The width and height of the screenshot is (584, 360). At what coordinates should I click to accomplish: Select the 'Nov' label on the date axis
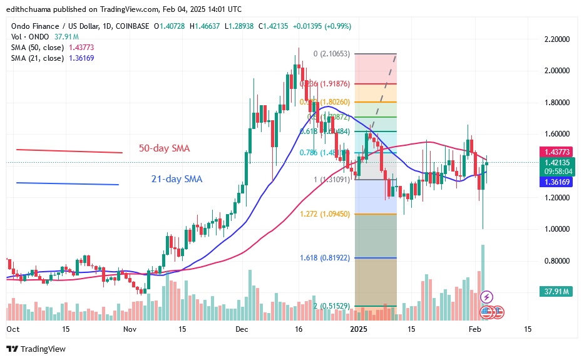[x=130, y=329]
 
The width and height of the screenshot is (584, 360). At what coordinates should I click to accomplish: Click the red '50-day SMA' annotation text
[x=165, y=148]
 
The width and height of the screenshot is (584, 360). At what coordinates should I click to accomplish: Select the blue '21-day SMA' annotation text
[x=177, y=179]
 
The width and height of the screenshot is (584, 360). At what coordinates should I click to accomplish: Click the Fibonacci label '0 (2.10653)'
[x=333, y=54]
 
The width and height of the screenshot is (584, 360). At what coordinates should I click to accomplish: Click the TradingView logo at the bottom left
[x=36, y=349]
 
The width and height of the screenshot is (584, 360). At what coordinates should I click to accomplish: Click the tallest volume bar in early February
[x=483, y=282]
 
